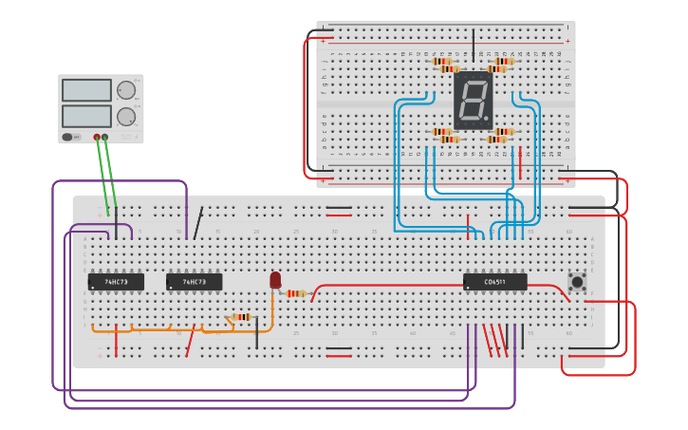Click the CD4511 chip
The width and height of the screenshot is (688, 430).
coord(494,282)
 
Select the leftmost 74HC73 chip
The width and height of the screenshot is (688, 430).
coord(116,282)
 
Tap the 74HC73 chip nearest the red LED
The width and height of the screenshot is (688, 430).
coord(195,282)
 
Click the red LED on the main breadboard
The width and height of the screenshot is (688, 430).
coord(275,280)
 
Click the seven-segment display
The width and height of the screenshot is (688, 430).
coord(474,101)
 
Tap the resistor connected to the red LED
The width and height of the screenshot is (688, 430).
coord(297,293)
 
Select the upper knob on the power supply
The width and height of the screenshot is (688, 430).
coord(125,90)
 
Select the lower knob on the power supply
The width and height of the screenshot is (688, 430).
coord(125,117)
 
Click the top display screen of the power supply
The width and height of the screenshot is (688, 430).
coord(86,90)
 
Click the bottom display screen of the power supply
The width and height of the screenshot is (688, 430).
coord(86,116)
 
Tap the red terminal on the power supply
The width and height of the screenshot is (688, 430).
coord(97,138)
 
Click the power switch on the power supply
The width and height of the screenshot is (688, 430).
coord(69,137)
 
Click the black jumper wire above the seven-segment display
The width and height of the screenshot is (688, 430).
coord(474,43)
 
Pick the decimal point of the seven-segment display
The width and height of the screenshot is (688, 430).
coord(489,121)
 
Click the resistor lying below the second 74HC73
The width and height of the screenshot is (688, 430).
coord(241,317)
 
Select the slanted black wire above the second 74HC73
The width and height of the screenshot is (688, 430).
coord(197,223)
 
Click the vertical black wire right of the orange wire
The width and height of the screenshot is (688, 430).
coord(256,334)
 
